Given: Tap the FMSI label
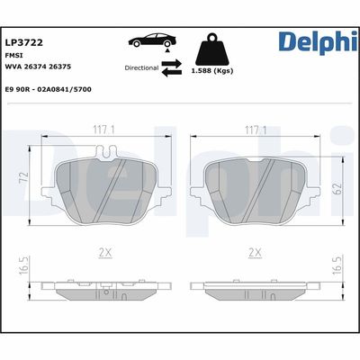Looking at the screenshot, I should tap(14, 56).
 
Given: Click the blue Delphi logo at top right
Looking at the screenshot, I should tap(316, 42).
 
